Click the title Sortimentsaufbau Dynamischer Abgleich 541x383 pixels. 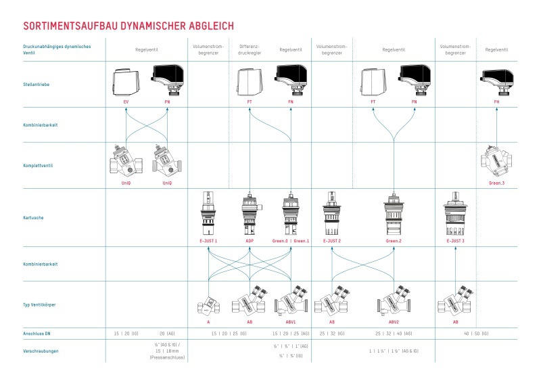128,26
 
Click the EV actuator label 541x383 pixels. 126,102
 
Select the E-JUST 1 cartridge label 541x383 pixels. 208,241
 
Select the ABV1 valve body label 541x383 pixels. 290,322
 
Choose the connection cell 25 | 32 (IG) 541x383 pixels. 332,334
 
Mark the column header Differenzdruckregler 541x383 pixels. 250,49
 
